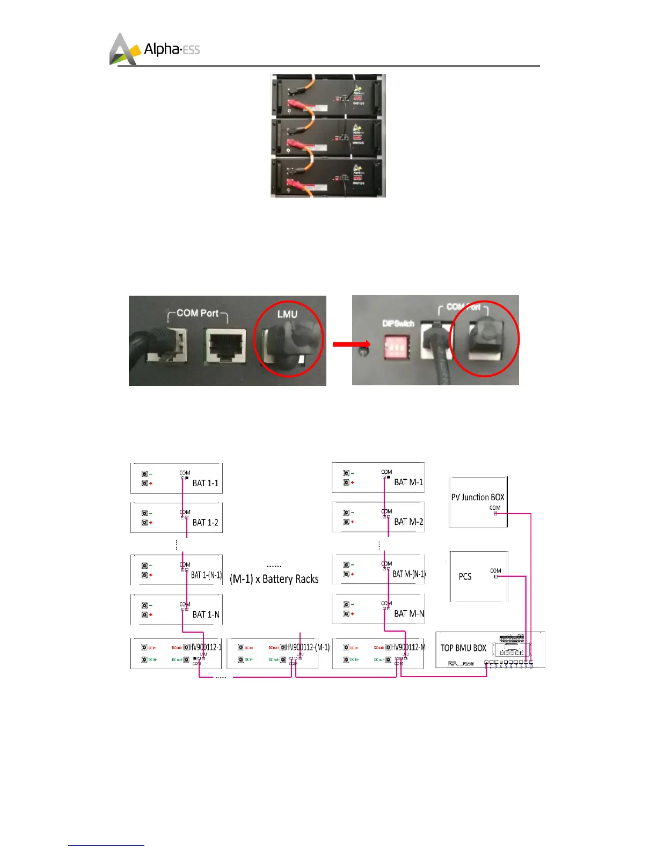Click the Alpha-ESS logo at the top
pos(155,49)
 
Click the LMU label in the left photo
pos(287,314)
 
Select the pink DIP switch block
pos(396,345)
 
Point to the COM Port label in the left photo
pos(198,313)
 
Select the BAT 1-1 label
pos(206,483)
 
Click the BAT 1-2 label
pos(206,522)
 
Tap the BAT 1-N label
pos(206,614)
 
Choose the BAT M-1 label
pos(408,482)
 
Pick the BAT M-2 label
pos(408,521)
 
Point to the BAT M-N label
pos(409,613)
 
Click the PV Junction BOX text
pos(478,497)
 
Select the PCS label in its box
pos(465,576)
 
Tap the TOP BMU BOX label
pos(463,648)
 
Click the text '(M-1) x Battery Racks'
pos(274,579)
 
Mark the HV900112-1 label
pos(205,647)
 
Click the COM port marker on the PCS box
pos(496,576)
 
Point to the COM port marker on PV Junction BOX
pos(495,514)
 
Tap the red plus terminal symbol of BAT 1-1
pos(151,483)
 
